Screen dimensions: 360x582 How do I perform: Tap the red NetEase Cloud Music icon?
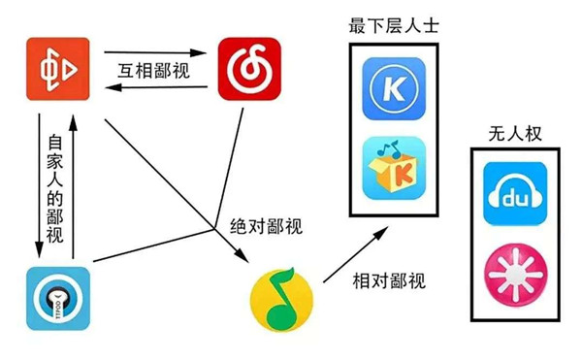pos(248,69)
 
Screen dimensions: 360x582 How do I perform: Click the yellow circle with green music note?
pos(282,300)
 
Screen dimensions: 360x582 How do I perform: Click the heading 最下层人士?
pos(393,26)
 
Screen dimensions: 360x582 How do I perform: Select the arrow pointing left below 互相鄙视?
pos(155,89)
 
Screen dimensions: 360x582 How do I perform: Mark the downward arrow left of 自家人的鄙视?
pos(40,184)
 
